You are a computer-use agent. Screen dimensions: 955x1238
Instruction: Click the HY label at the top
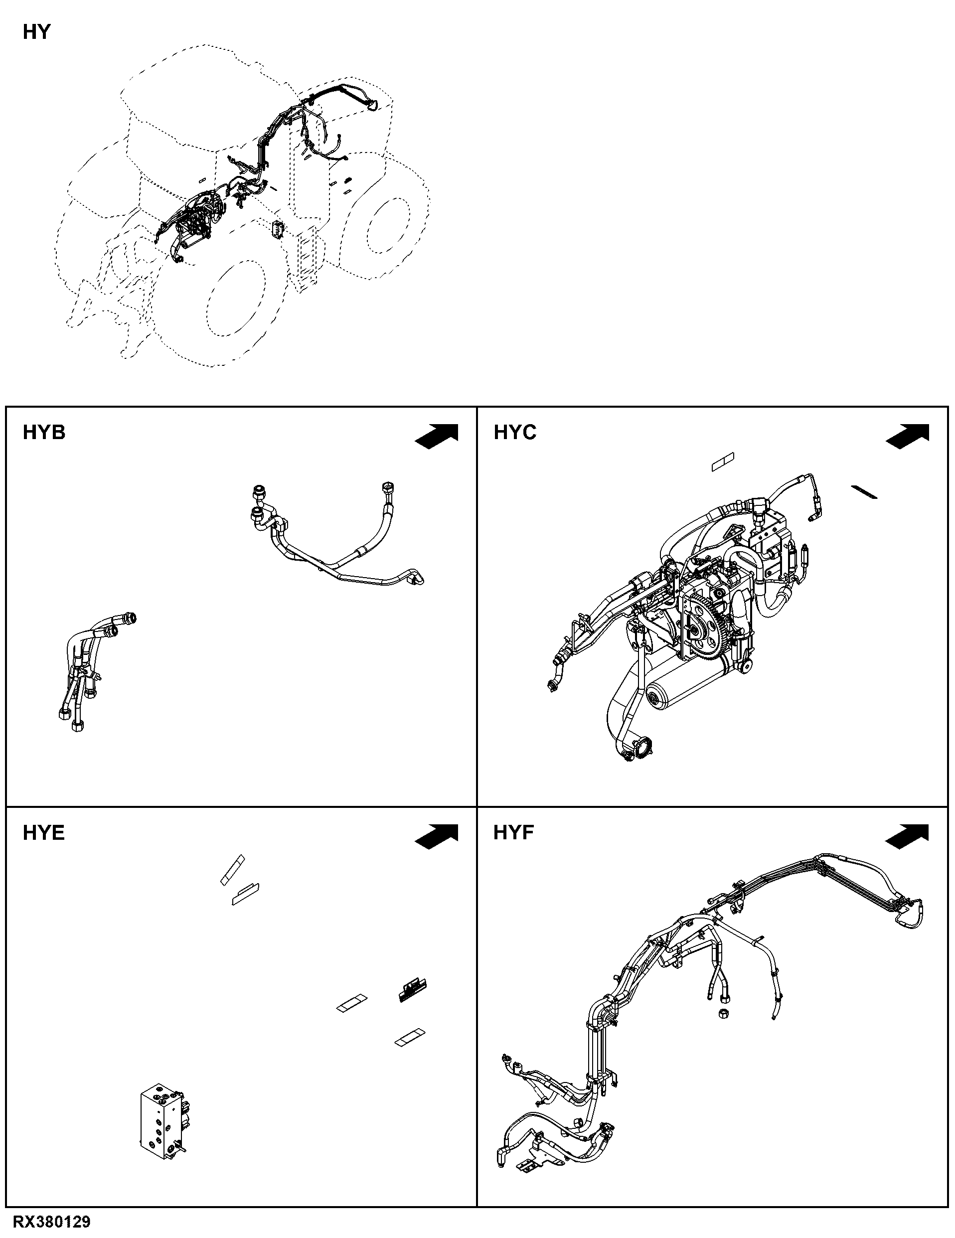pyautogui.click(x=37, y=32)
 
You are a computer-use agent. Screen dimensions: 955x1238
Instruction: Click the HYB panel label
pyautogui.click(x=44, y=433)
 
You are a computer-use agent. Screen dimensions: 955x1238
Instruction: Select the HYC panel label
pyautogui.click(x=514, y=433)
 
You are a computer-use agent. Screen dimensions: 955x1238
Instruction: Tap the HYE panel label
pyautogui.click(x=44, y=833)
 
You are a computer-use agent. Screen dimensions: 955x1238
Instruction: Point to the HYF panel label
pyautogui.click(x=513, y=833)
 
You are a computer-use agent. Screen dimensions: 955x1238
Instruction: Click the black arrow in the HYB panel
pyautogui.click(x=437, y=436)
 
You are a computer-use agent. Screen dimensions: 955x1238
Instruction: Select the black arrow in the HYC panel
pyautogui.click(x=907, y=436)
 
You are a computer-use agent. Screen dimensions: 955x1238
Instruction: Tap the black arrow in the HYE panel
pyautogui.click(x=437, y=836)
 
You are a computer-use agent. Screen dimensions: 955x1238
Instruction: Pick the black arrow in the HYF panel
pyautogui.click(x=907, y=836)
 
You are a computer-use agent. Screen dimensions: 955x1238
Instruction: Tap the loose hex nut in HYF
pyautogui.click(x=724, y=1013)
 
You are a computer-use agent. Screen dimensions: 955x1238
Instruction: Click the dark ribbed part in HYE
pyautogui.click(x=412, y=990)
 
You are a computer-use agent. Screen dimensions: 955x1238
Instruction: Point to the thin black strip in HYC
pyautogui.click(x=864, y=491)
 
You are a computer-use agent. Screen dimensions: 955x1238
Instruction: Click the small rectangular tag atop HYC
pyautogui.click(x=723, y=462)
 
